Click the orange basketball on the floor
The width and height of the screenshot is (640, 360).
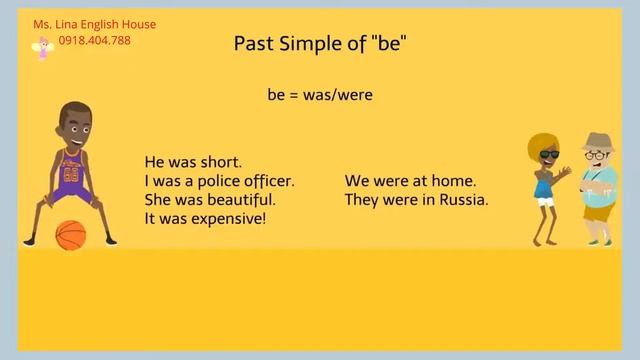tap(70, 235)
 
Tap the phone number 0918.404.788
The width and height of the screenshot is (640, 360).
tap(94, 41)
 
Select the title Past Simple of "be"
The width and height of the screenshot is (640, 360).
tap(320, 44)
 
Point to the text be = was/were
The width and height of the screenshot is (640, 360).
tap(320, 96)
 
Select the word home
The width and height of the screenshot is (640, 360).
tap(455, 181)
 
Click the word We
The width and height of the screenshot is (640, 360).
tap(356, 181)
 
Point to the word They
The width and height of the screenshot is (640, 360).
tap(363, 199)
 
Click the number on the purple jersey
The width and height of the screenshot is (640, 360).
tap(71, 172)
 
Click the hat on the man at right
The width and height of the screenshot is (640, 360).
tap(597, 141)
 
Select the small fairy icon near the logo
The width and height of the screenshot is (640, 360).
tap(43, 47)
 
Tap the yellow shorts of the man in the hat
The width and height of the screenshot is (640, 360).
tap(597, 210)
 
